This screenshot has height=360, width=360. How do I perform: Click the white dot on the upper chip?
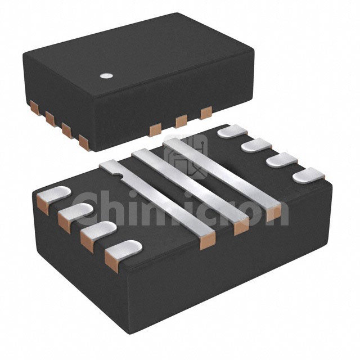click(x=107, y=75)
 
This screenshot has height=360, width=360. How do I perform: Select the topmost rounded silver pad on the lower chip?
click(x=232, y=131)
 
